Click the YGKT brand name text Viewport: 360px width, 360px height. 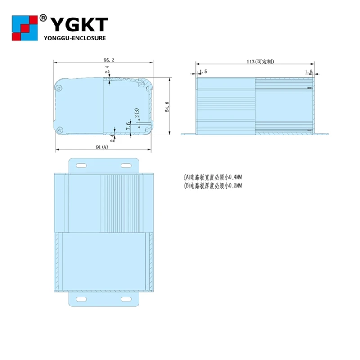pos(79,25)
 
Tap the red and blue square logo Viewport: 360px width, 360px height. pos(25,28)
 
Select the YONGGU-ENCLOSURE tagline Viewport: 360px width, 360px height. pos(75,38)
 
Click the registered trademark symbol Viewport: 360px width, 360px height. pos(43,18)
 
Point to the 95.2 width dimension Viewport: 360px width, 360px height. pos(109,60)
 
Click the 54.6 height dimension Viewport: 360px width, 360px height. pos(167,107)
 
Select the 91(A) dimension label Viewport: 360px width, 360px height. pos(102,147)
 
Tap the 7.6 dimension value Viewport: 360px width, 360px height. pos(129,126)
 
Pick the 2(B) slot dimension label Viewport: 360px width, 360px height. pos(137,113)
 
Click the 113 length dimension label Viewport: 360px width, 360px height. pos(261,62)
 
